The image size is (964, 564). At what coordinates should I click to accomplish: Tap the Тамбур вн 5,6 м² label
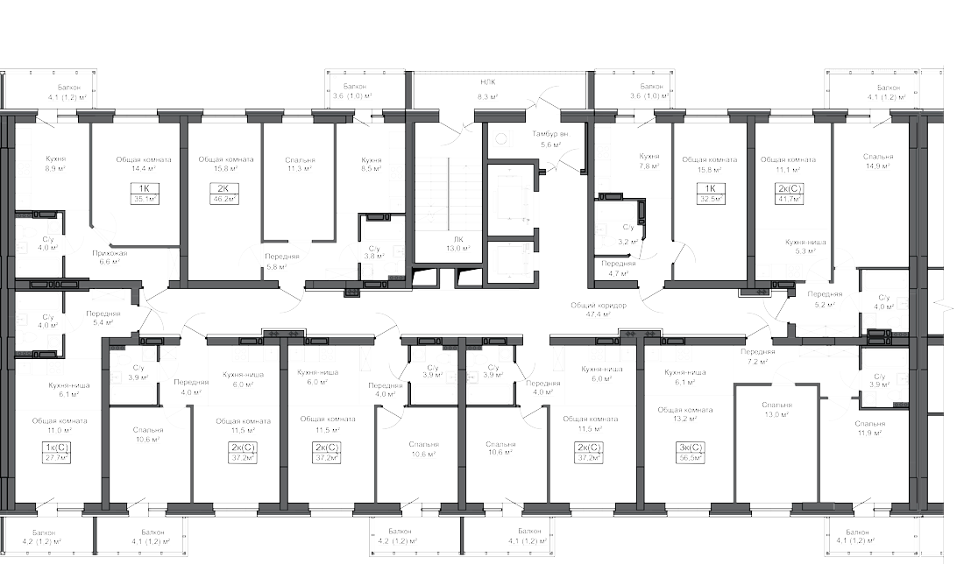(549, 138)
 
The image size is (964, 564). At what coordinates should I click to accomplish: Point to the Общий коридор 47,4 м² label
(605, 310)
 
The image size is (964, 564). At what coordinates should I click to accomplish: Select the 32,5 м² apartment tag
(711, 194)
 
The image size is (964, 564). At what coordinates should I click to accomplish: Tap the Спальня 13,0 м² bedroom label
(776, 410)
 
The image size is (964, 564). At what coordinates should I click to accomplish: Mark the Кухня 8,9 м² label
(56, 164)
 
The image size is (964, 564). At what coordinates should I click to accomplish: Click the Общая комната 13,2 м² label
(685, 415)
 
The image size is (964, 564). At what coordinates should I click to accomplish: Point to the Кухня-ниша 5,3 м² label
(800, 245)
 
